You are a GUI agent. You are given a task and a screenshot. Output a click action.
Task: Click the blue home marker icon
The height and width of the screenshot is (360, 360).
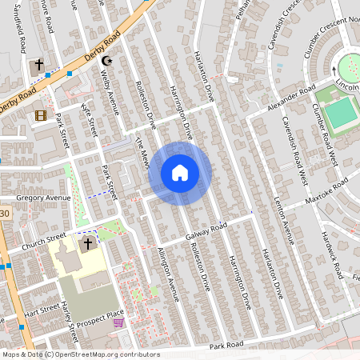(x=180, y=173)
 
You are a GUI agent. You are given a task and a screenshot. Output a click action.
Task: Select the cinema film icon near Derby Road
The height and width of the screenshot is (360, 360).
(x=40, y=116)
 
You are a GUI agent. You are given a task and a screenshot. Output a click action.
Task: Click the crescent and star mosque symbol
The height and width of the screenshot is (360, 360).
(x=110, y=62)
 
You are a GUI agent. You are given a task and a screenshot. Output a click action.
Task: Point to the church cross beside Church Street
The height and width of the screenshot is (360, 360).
(x=87, y=242)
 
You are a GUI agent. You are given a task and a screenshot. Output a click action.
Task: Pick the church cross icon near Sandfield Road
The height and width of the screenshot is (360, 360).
(x=38, y=65)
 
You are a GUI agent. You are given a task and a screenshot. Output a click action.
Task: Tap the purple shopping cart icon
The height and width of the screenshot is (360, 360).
(x=119, y=323)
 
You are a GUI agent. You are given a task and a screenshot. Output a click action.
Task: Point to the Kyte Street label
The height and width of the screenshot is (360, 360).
(x=89, y=116)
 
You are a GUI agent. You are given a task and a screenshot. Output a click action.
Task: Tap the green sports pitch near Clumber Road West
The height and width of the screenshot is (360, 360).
(x=341, y=114)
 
